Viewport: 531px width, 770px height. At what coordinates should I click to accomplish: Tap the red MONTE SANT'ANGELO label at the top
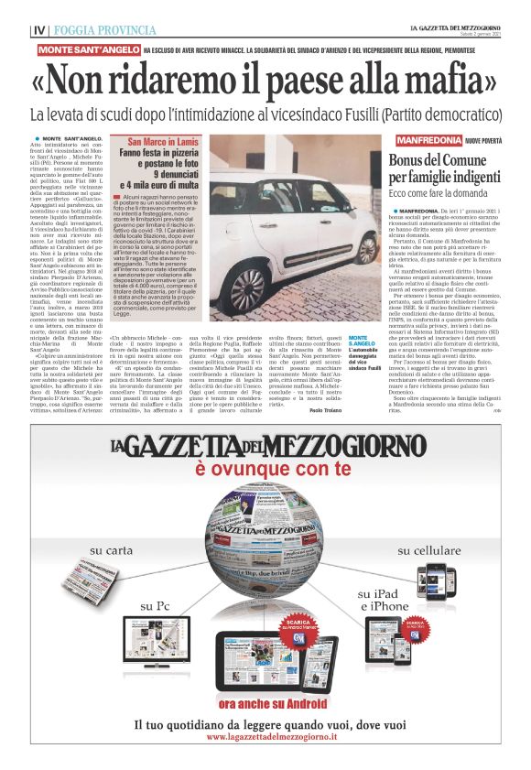pyautogui.click(x=88, y=49)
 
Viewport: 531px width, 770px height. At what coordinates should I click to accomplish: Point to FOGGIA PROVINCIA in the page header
pyautogui.click(x=92, y=29)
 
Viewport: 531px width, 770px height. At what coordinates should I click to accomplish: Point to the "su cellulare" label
pyautogui.click(x=428, y=551)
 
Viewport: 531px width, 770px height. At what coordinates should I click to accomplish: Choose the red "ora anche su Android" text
pyautogui.click(x=265, y=702)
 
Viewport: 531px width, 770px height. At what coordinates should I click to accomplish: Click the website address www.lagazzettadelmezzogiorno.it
pyautogui.click(x=265, y=737)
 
